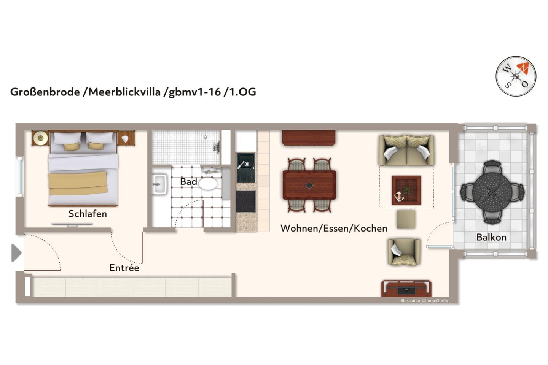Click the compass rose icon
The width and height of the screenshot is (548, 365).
coord(516,76)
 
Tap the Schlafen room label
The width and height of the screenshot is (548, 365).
coord(88,214)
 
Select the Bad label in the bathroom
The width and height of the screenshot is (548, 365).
coord(188,182)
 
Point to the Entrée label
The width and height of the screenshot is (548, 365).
coord(124,268)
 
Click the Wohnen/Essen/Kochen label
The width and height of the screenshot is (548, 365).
coord(334,228)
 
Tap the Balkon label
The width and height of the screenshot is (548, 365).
coord(491,237)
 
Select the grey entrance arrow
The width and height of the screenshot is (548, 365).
coord(16,253)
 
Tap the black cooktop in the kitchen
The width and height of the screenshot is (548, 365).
coord(246,201)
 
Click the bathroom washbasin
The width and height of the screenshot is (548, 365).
coord(159,184)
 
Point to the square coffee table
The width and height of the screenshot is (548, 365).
coord(406,190)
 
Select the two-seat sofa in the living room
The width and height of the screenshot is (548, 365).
coord(406,151)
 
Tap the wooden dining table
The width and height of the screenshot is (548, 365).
coord(309,185)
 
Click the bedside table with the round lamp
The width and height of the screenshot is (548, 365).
coord(40,138)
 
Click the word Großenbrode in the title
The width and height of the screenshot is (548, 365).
coord(45,92)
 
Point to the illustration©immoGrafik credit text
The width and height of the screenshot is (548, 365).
coord(424,301)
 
